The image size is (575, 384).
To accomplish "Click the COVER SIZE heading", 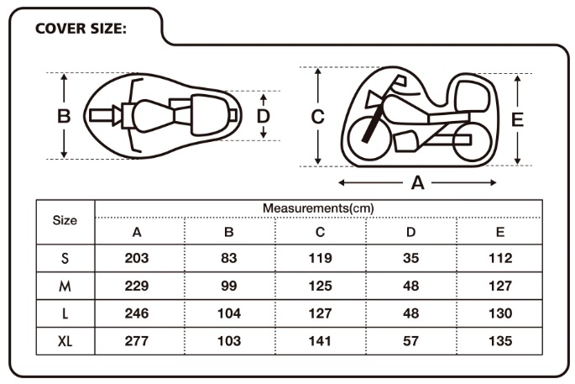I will click(81, 29).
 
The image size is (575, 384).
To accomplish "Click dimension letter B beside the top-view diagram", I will click(64, 116).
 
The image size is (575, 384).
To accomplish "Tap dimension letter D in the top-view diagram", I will click(263, 116).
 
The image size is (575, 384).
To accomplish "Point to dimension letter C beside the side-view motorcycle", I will click(317, 118).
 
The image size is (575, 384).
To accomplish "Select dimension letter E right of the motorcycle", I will click(517, 119).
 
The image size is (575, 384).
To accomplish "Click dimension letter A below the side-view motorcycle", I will click(417, 182).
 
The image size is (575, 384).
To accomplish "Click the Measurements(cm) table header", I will click(318, 208).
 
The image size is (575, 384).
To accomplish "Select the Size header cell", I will click(65, 220).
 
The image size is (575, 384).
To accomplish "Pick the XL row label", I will click(65, 341).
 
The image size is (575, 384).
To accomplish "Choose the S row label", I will click(65, 259).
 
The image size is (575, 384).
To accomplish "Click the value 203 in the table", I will click(136, 259).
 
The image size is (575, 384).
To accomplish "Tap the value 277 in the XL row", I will click(136, 341).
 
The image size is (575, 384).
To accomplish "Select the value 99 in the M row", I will click(229, 287).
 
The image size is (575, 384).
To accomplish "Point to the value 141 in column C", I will click(320, 341).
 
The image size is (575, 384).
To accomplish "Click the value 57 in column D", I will click(410, 341).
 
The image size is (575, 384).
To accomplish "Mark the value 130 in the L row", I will click(499, 313).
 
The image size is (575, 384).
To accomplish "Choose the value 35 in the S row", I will click(410, 259).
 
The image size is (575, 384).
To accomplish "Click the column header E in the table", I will click(499, 232).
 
